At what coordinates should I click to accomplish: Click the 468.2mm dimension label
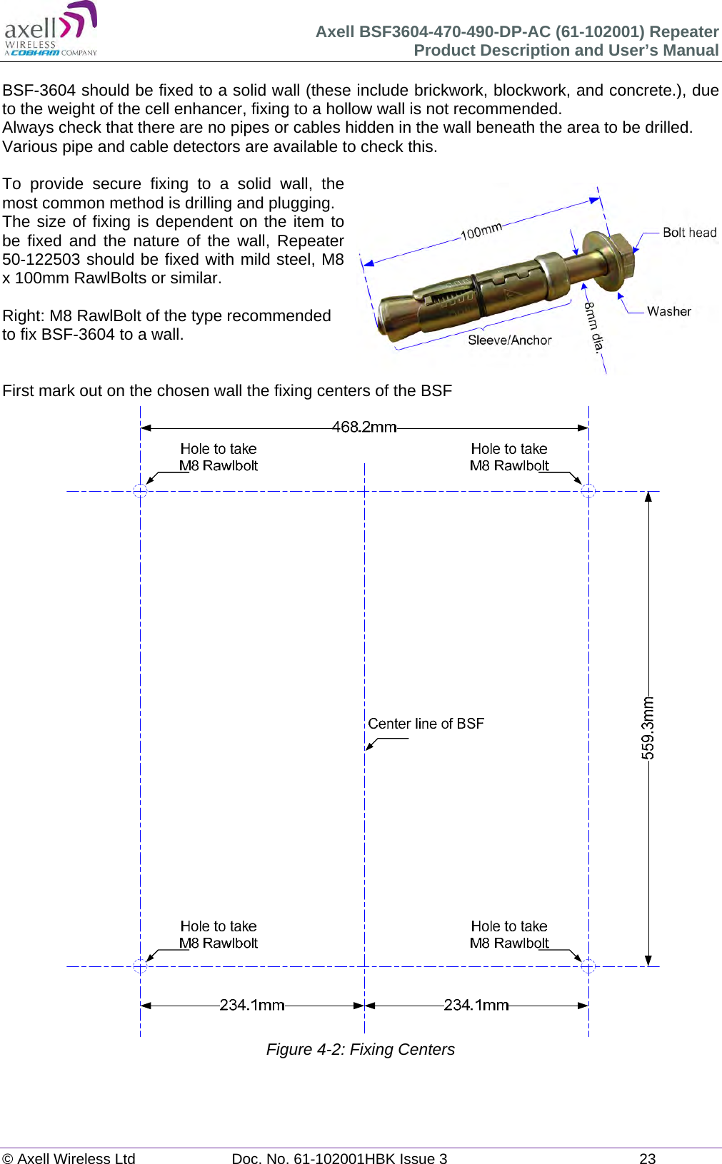coord(364,427)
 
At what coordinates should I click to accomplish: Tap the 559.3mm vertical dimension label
coord(647,728)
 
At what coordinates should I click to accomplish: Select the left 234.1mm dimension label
coord(251,1005)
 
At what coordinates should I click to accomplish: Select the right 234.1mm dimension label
coord(476,1005)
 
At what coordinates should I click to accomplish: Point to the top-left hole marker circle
coord(141,491)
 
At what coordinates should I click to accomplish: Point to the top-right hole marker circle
coord(588,491)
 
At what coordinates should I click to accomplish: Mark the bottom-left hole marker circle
coord(141,966)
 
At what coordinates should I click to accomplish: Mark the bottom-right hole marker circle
coord(588,966)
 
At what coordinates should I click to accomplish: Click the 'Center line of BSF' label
coord(426,724)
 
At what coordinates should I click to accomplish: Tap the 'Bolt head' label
coord(689,233)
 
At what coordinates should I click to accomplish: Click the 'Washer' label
coord(668,311)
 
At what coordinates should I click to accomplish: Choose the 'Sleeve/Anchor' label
coord(509,340)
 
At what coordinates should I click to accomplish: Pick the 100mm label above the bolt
coord(481,231)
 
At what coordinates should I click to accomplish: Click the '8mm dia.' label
coord(594,326)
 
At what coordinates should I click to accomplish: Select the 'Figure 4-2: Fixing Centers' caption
coord(360,1049)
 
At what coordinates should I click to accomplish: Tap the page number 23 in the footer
coord(647,1158)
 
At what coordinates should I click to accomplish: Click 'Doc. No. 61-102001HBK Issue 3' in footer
coord(339,1158)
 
